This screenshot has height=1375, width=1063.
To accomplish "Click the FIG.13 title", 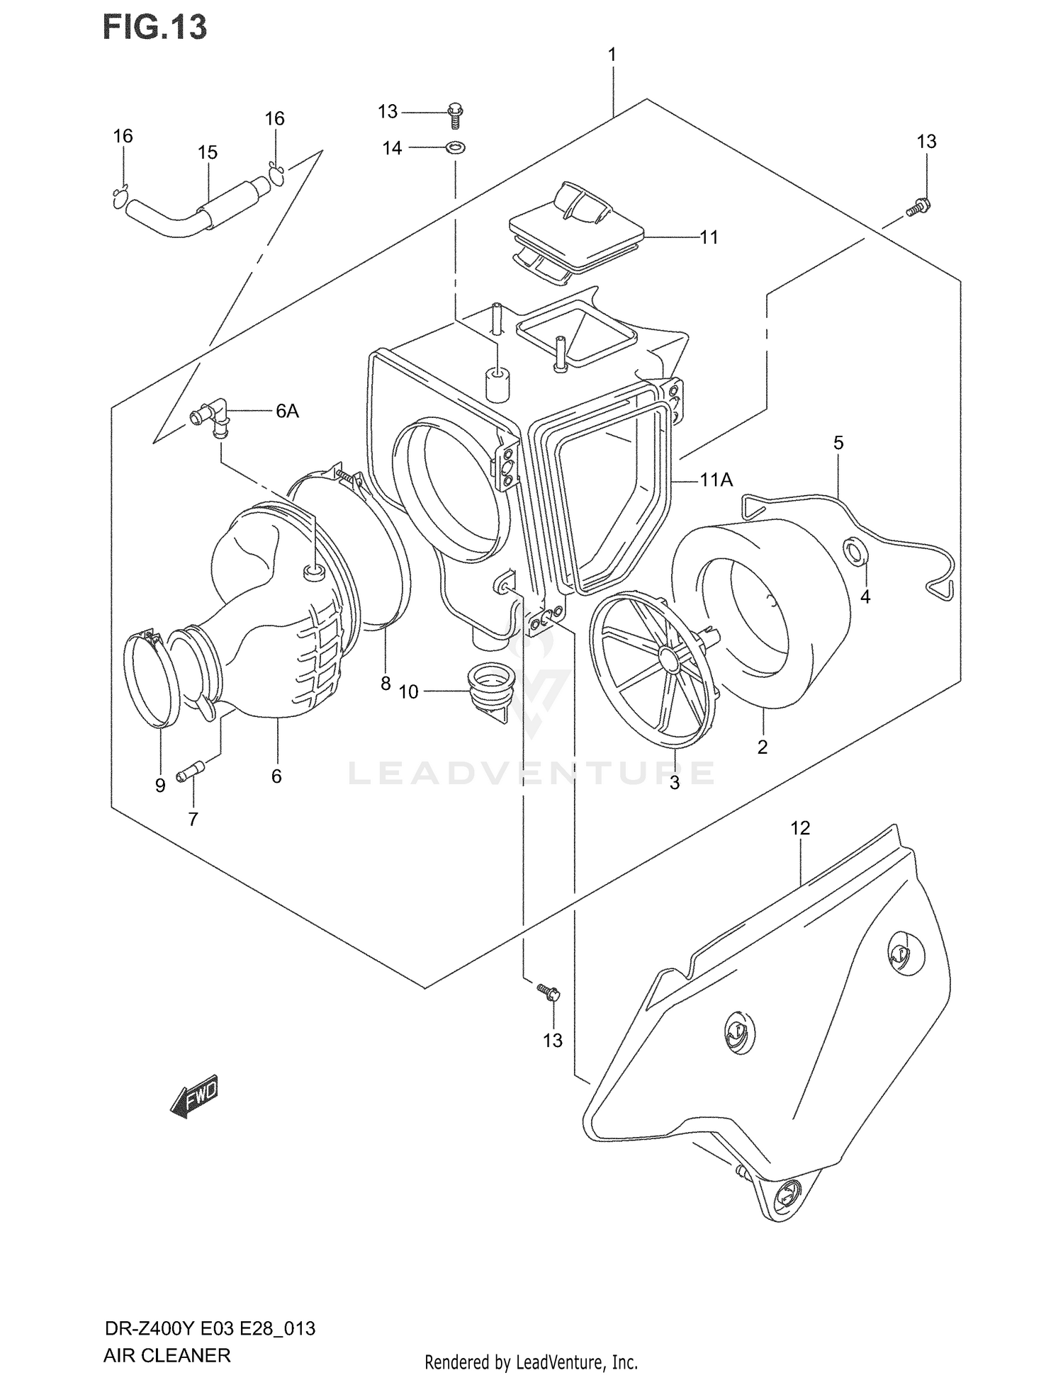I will point(155,27).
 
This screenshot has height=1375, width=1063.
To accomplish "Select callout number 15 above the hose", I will point(207,152).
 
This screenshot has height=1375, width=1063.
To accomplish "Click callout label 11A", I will point(716,480).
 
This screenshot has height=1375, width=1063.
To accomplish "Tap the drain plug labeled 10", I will point(490,692).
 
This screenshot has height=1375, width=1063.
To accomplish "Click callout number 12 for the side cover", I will point(800,827).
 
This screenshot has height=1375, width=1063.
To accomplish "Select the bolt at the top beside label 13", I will point(455,114).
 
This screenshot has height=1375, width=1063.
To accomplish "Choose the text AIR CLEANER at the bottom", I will point(167,1355).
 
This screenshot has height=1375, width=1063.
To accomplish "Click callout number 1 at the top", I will point(612,54).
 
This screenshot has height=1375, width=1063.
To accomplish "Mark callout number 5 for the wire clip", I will point(838,443).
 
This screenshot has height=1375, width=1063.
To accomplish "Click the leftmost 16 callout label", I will point(123,135).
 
